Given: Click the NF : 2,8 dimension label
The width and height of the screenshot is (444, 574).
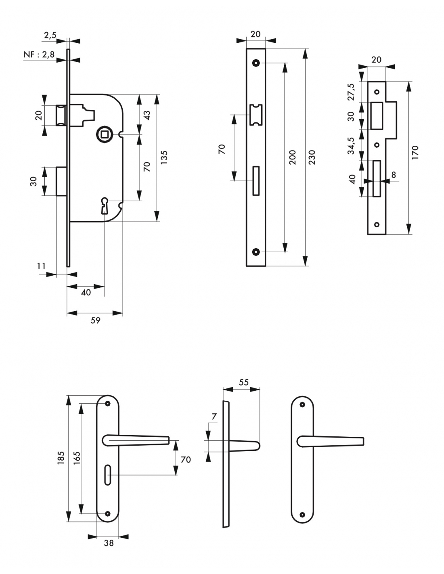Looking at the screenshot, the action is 39,54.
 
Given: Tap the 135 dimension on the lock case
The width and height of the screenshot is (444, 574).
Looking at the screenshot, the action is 164,157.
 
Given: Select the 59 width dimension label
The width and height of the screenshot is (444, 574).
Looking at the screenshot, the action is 95,321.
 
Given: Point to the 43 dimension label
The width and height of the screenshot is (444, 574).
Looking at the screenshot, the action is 147,115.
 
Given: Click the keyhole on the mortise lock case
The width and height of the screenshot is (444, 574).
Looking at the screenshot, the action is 105,205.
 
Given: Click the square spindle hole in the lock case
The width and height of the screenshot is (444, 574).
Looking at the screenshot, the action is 105,134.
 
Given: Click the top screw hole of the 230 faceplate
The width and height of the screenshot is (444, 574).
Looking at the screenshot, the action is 256,63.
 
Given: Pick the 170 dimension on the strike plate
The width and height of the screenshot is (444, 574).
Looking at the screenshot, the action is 415,152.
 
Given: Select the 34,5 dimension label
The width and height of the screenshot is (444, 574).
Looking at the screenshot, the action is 351,146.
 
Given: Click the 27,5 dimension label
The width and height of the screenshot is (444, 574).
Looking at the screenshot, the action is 351,92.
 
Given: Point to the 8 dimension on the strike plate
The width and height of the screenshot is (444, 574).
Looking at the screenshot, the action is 393,175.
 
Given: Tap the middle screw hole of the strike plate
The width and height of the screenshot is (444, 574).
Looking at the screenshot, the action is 377,145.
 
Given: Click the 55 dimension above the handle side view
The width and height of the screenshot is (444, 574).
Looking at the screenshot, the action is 243,382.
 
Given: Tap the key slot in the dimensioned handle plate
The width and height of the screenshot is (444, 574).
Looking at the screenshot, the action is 107,475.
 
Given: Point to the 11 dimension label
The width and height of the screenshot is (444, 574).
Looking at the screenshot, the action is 42,266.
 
